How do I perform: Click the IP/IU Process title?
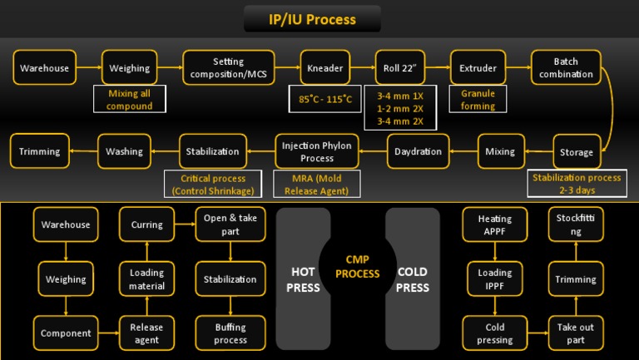[x=312, y=19]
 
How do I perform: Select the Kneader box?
[x=324, y=67]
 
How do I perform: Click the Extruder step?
[x=478, y=67]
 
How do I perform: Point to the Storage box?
[x=576, y=152]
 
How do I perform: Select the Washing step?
[x=124, y=151]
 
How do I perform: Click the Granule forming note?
[x=478, y=100]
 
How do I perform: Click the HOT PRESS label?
[x=302, y=280]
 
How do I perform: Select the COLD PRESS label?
[x=413, y=280]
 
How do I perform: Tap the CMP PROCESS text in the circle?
[x=357, y=267]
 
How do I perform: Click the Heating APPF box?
[x=494, y=224]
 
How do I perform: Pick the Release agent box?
[x=146, y=333]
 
